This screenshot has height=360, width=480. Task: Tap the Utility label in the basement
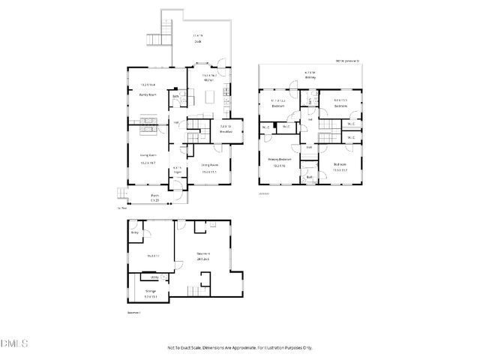click(x=154, y=277)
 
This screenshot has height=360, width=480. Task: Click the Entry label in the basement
click(x=136, y=232)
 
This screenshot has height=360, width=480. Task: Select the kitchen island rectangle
click(x=224, y=96)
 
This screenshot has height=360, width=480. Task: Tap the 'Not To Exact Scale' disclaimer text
click(x=240, y=347)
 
